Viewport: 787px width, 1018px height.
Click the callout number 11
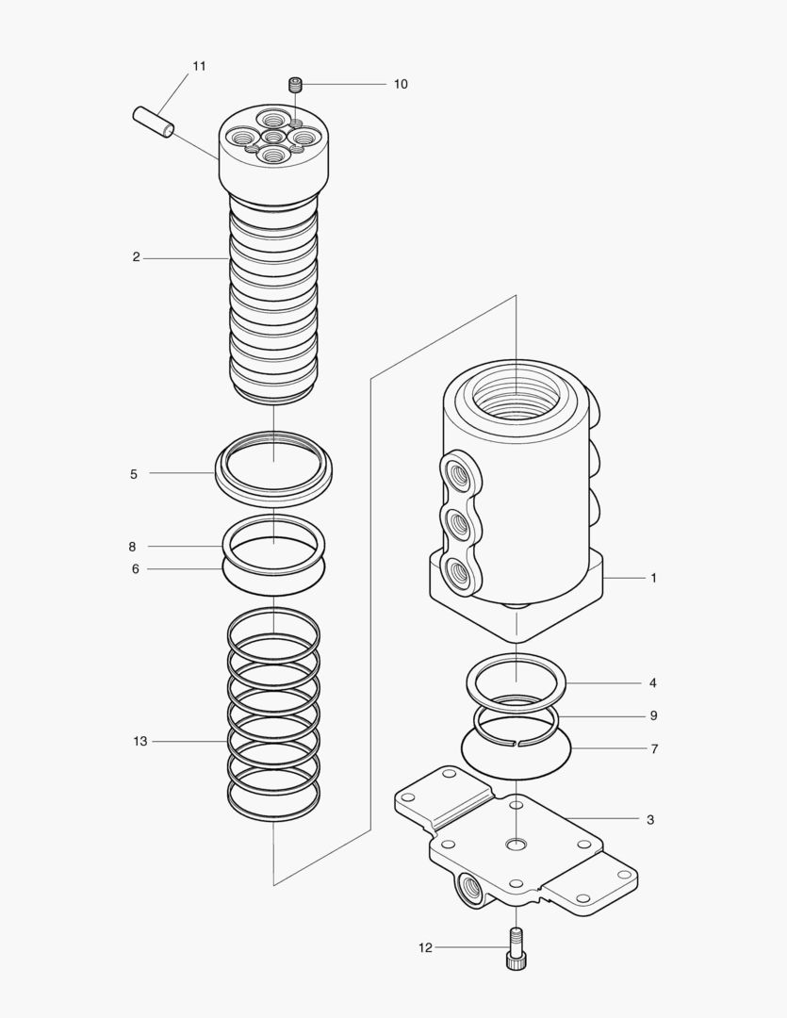[x=199, y=66]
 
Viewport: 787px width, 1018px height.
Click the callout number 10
[x=401, y=84]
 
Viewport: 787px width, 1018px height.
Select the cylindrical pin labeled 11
[x=153, y=123]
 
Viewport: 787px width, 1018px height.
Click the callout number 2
[x=136, y=257]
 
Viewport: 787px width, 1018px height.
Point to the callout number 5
[x=134, y=474]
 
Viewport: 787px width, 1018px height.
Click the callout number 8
[x=132, y=547]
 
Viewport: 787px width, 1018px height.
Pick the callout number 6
[x=135, y=569]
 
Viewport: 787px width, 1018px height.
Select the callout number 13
[x=140, y=742]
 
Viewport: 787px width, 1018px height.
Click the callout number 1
[x=653, y=578]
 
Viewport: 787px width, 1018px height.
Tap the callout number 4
[x=652, y=682]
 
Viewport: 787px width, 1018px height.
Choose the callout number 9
[x=653, y=716]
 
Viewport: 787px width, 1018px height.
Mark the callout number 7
[x=653, y=749]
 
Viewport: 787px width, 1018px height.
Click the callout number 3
[x=650, y=820]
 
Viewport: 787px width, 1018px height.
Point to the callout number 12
[x=425, y=947]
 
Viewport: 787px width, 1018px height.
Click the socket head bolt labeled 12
[x=516, y=948]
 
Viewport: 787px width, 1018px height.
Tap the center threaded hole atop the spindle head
[x=273, y=139]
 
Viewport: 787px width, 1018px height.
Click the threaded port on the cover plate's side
[x=467, y=887]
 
